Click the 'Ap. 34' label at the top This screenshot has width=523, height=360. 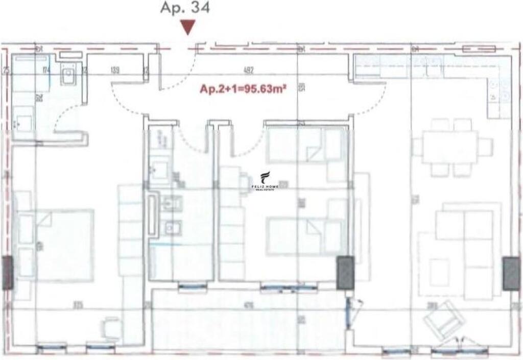pos(184,8)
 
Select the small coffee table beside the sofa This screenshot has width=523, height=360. pos(439,272)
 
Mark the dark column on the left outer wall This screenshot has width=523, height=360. pos(7,273)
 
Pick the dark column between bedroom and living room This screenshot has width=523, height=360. pos(345,273)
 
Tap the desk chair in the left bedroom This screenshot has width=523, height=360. pos(111,327)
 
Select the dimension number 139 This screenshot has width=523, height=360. pos(114,71)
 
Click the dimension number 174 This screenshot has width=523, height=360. pos(46,70)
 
